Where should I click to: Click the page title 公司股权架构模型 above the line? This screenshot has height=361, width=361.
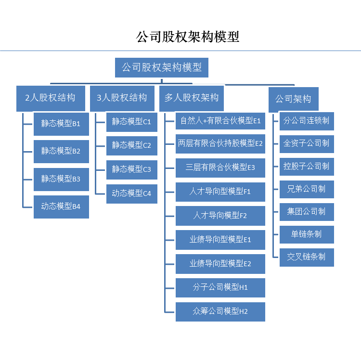pos(188,37)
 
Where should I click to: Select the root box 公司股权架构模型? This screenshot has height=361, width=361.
pos(162,67)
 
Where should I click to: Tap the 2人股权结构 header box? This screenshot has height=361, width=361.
pos(51,98)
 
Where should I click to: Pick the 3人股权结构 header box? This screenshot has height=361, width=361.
pos(122,98)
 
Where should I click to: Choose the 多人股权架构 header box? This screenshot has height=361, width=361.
pos(192,98)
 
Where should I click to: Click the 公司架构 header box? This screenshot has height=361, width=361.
pos(293,99)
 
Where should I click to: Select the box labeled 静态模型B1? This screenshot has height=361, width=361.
pos(61,124)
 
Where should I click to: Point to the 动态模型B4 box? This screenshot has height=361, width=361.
pos(61,206)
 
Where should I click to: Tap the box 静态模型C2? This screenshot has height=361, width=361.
pos(131,145)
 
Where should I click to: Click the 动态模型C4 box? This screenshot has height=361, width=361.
pos(131,193)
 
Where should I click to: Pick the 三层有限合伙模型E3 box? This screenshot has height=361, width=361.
pos(220,168)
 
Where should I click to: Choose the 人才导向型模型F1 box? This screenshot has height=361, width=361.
pos(220,192)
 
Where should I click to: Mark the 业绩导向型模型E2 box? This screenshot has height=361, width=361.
pos(220,264)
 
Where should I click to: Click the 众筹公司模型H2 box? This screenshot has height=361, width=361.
pos(220,311)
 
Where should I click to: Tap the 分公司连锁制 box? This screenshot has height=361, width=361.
pos(307,121)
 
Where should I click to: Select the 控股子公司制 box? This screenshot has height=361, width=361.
pos(307,167)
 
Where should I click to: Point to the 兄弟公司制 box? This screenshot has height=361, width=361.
pos(307,189)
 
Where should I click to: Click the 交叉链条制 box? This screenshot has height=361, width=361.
pos(307,257)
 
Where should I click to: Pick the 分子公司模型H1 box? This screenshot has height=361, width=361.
pos(220,287)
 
